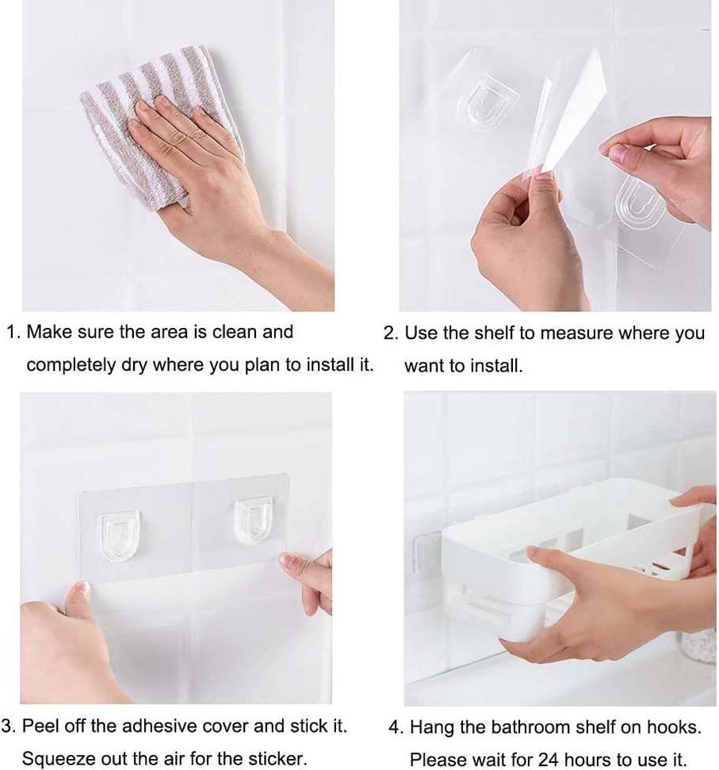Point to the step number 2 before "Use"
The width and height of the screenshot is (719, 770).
click(x=389, y=334)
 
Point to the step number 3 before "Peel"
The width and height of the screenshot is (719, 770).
click(x=7, y=726)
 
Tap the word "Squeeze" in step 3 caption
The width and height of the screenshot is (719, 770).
click(x=53, y=759)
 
